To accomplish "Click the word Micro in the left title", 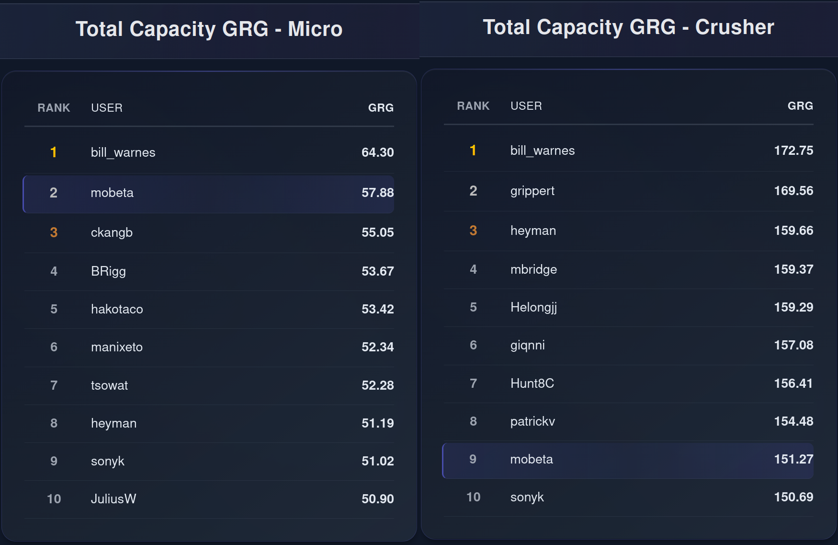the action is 315,29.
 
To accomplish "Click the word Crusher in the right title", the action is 735,27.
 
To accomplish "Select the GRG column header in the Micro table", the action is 381,108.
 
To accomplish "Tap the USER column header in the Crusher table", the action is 526,106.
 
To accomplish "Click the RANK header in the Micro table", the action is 54,108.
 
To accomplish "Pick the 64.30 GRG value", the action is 377,152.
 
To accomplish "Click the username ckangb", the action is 112,233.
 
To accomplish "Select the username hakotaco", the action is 117,309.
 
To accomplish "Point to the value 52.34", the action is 377,347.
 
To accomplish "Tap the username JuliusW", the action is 113,499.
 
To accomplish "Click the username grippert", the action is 532,191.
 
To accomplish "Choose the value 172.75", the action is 793,151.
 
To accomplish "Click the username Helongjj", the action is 533,308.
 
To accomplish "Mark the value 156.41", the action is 793,383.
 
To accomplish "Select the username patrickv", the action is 532,422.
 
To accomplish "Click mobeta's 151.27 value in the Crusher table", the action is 793,459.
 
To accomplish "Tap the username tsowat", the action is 109,385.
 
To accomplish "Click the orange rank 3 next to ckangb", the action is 54,232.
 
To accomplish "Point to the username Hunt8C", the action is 532,383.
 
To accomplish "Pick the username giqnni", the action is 527,346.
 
